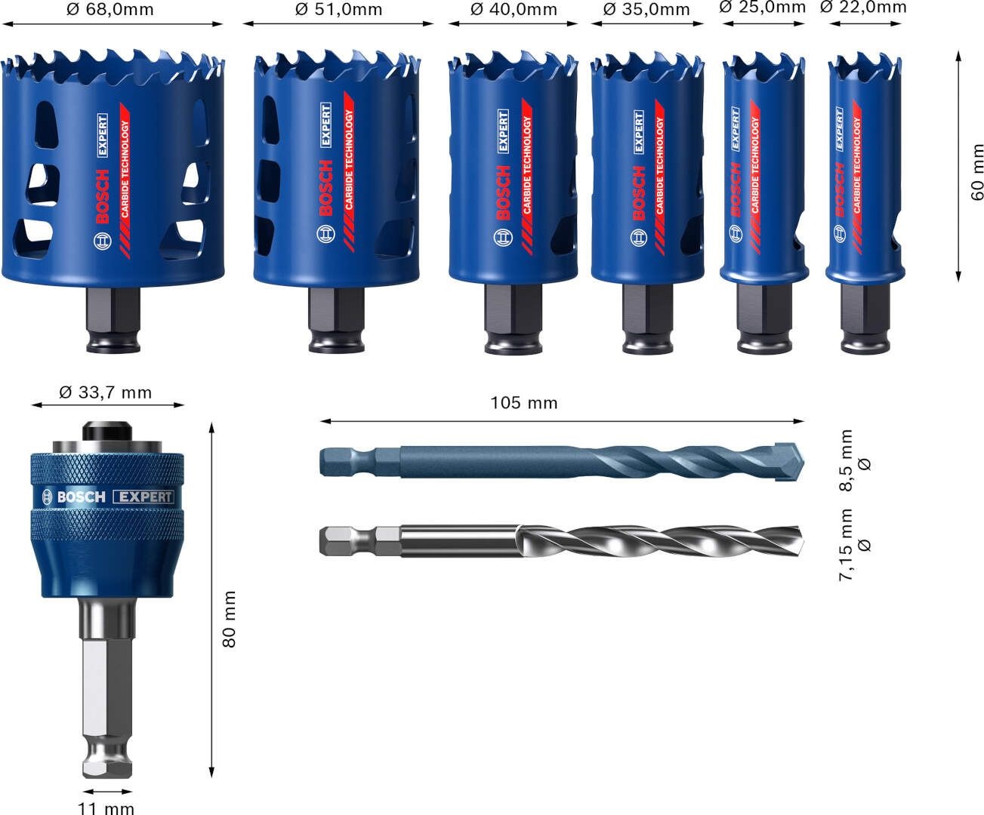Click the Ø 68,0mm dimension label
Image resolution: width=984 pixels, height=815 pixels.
point(110,10)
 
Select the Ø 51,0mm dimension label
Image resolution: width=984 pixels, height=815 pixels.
point(339,10)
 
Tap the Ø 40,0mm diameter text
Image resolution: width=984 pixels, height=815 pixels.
point(514,10)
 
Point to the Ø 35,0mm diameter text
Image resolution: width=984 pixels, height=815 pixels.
point(647,10)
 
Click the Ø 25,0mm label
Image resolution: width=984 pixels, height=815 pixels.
point(763,8)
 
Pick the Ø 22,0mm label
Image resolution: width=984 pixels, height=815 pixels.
point(863,8)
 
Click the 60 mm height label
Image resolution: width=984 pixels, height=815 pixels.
point(977,172)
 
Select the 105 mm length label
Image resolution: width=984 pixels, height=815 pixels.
point(523,403)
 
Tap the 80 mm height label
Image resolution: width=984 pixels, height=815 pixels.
point(230,619)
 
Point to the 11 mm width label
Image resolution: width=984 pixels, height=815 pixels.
point(106,808)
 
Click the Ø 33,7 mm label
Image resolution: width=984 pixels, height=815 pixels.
point(106,392)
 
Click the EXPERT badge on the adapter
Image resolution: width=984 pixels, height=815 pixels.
point(143,497)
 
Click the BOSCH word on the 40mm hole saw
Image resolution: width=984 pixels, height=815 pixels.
point(504,195)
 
